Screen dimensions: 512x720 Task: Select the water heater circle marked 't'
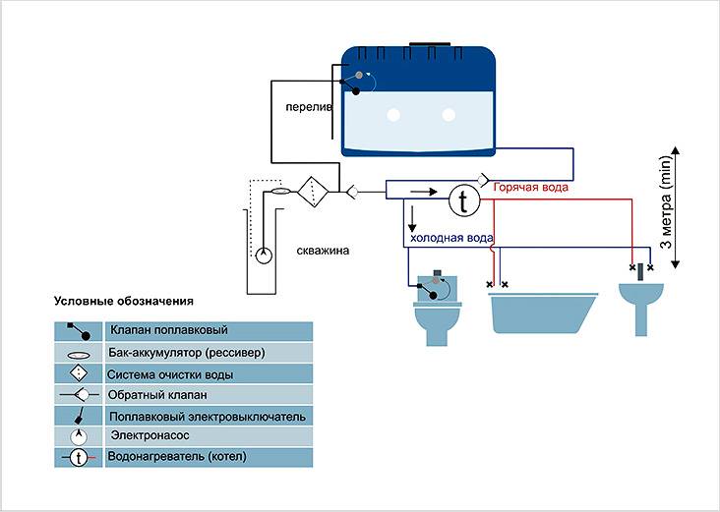(462, 200)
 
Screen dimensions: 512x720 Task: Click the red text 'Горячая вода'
(531, 187)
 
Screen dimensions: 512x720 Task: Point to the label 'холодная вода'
(450, 238)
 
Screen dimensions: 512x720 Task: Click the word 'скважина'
(323, 251)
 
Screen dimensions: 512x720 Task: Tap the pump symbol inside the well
(263, 256)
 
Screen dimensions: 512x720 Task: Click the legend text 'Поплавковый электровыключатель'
(208, 416)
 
